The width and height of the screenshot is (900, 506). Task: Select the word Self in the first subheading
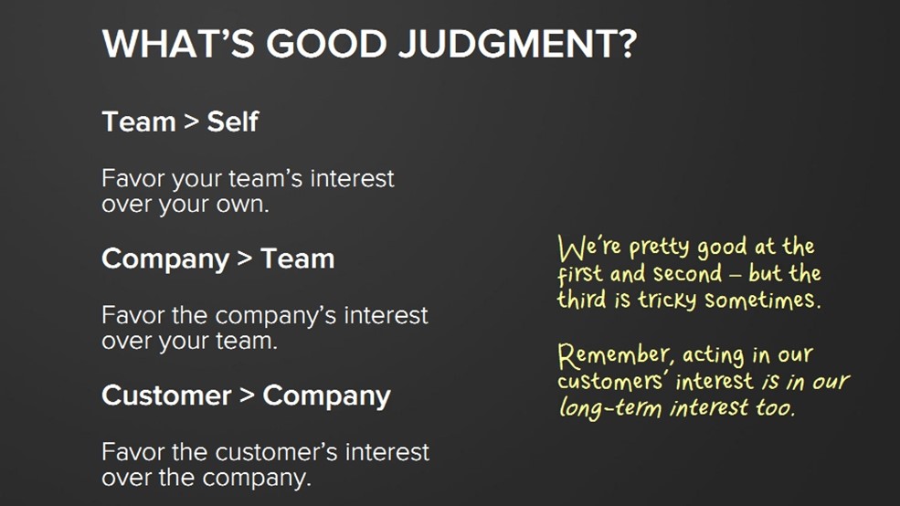pos(232,121)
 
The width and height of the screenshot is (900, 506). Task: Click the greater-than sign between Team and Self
pos(191,121)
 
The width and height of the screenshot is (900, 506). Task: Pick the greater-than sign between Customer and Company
pos(247,395)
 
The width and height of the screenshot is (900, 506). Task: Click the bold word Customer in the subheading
pos(166,395)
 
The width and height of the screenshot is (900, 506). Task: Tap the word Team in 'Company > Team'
pos(297,258)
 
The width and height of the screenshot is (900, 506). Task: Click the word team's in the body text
pos(265,178)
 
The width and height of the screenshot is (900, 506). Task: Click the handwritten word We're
pos(589,248)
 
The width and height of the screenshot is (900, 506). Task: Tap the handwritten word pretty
pos(660,248)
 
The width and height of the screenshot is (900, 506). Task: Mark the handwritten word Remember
pos(614,355)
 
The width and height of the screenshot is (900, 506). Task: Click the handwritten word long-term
pos(610,408)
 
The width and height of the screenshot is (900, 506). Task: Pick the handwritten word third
pos(581,300)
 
